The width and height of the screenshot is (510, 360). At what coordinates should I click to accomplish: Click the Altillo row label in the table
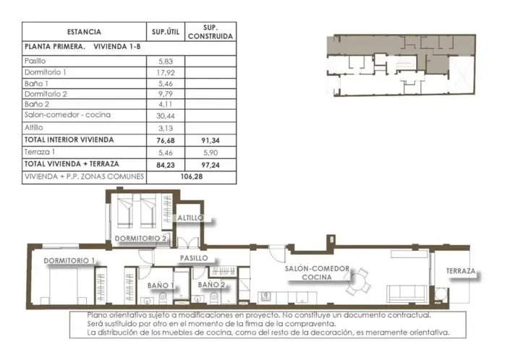click(x=35, y=128)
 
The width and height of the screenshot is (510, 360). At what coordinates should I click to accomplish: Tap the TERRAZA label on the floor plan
click(x=461, y=271)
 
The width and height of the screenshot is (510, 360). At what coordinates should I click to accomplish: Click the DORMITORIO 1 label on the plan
click(x=69, y=260)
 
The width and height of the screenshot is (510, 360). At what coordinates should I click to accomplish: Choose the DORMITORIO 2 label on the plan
click(x=141, y=238)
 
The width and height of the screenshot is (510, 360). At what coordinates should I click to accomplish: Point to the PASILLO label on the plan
click(x=193, y=257)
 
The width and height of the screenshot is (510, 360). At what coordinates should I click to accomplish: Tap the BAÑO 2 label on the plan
click(x=212, y=286)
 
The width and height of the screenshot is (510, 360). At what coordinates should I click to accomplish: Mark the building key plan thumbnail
click(x=400, y=64)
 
